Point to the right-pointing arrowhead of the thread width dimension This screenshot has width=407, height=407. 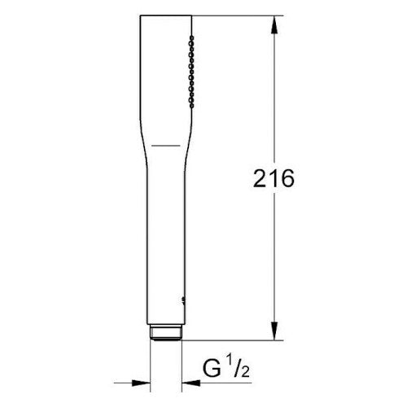144,380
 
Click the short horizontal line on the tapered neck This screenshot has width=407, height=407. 166,145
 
